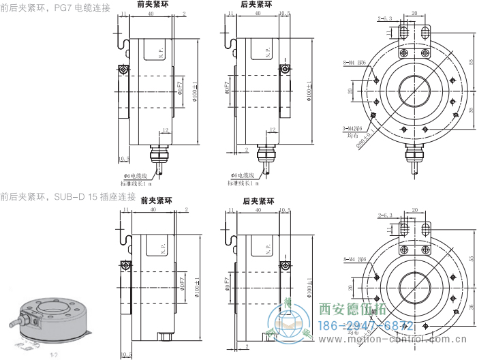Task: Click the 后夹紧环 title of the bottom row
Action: pos(258,201)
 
